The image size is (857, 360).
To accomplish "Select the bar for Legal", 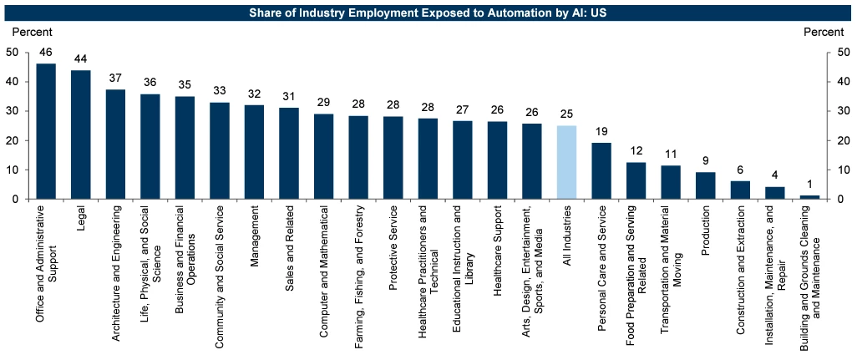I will pos(81,134).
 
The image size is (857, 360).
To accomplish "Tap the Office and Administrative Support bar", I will pos(46,131).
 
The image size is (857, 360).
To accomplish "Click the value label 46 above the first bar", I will pos(46,52).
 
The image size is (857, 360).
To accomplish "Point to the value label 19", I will pos(601,131).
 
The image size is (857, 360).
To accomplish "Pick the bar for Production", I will pos(706,185).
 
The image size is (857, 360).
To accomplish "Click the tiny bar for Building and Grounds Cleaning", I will pos(809,197).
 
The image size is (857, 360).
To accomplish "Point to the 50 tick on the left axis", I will pos(12,52).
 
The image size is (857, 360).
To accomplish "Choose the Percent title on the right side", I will pos(824,32).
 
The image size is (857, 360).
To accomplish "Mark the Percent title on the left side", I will pos(32,32).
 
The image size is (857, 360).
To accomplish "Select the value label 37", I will pos(115,78).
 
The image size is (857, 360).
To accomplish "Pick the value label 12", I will pos(636,151).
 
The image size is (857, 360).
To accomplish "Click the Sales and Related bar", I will pos(289,153).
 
